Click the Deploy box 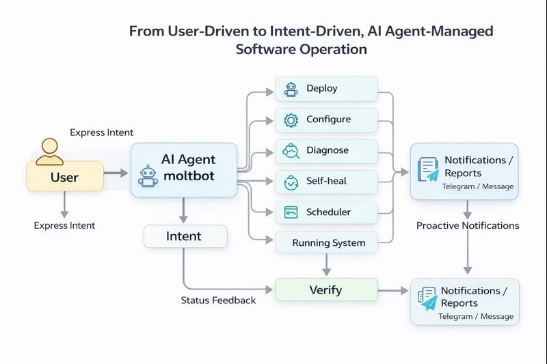click(x=326, y=89)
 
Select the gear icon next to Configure click(x=291, y=120)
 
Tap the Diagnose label click(x=328, y=150)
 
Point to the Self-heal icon click(x=291, y=182)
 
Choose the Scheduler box click(x=326, y=212)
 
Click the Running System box click(x=326, y=242)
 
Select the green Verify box click(x=326, y=290)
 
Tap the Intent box click(x=185, y=236)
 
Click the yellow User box click(x=65, y=177)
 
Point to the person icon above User click(x=49, y=151)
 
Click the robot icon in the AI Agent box click(x=148, y=176)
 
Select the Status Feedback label click(x=218, y=300)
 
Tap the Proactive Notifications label click(x=468, y=225)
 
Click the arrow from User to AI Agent click(x=116, y=173)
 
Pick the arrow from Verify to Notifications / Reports click(x=393, y=290)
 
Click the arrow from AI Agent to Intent click(x=183, y=210)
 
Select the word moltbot click(x=188, y=176)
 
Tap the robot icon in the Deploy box click(x=291, y=89)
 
